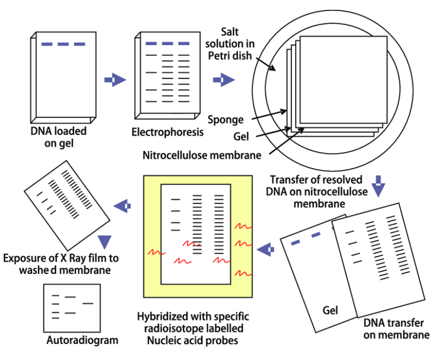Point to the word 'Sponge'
226,120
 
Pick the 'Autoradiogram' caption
82,341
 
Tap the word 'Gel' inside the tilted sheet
330,311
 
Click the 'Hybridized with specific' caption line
193,316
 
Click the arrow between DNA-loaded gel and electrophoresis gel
115,80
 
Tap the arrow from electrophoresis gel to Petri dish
224,80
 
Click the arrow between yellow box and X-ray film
122,206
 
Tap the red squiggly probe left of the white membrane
157,253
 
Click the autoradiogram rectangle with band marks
72,308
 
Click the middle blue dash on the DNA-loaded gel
63,45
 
